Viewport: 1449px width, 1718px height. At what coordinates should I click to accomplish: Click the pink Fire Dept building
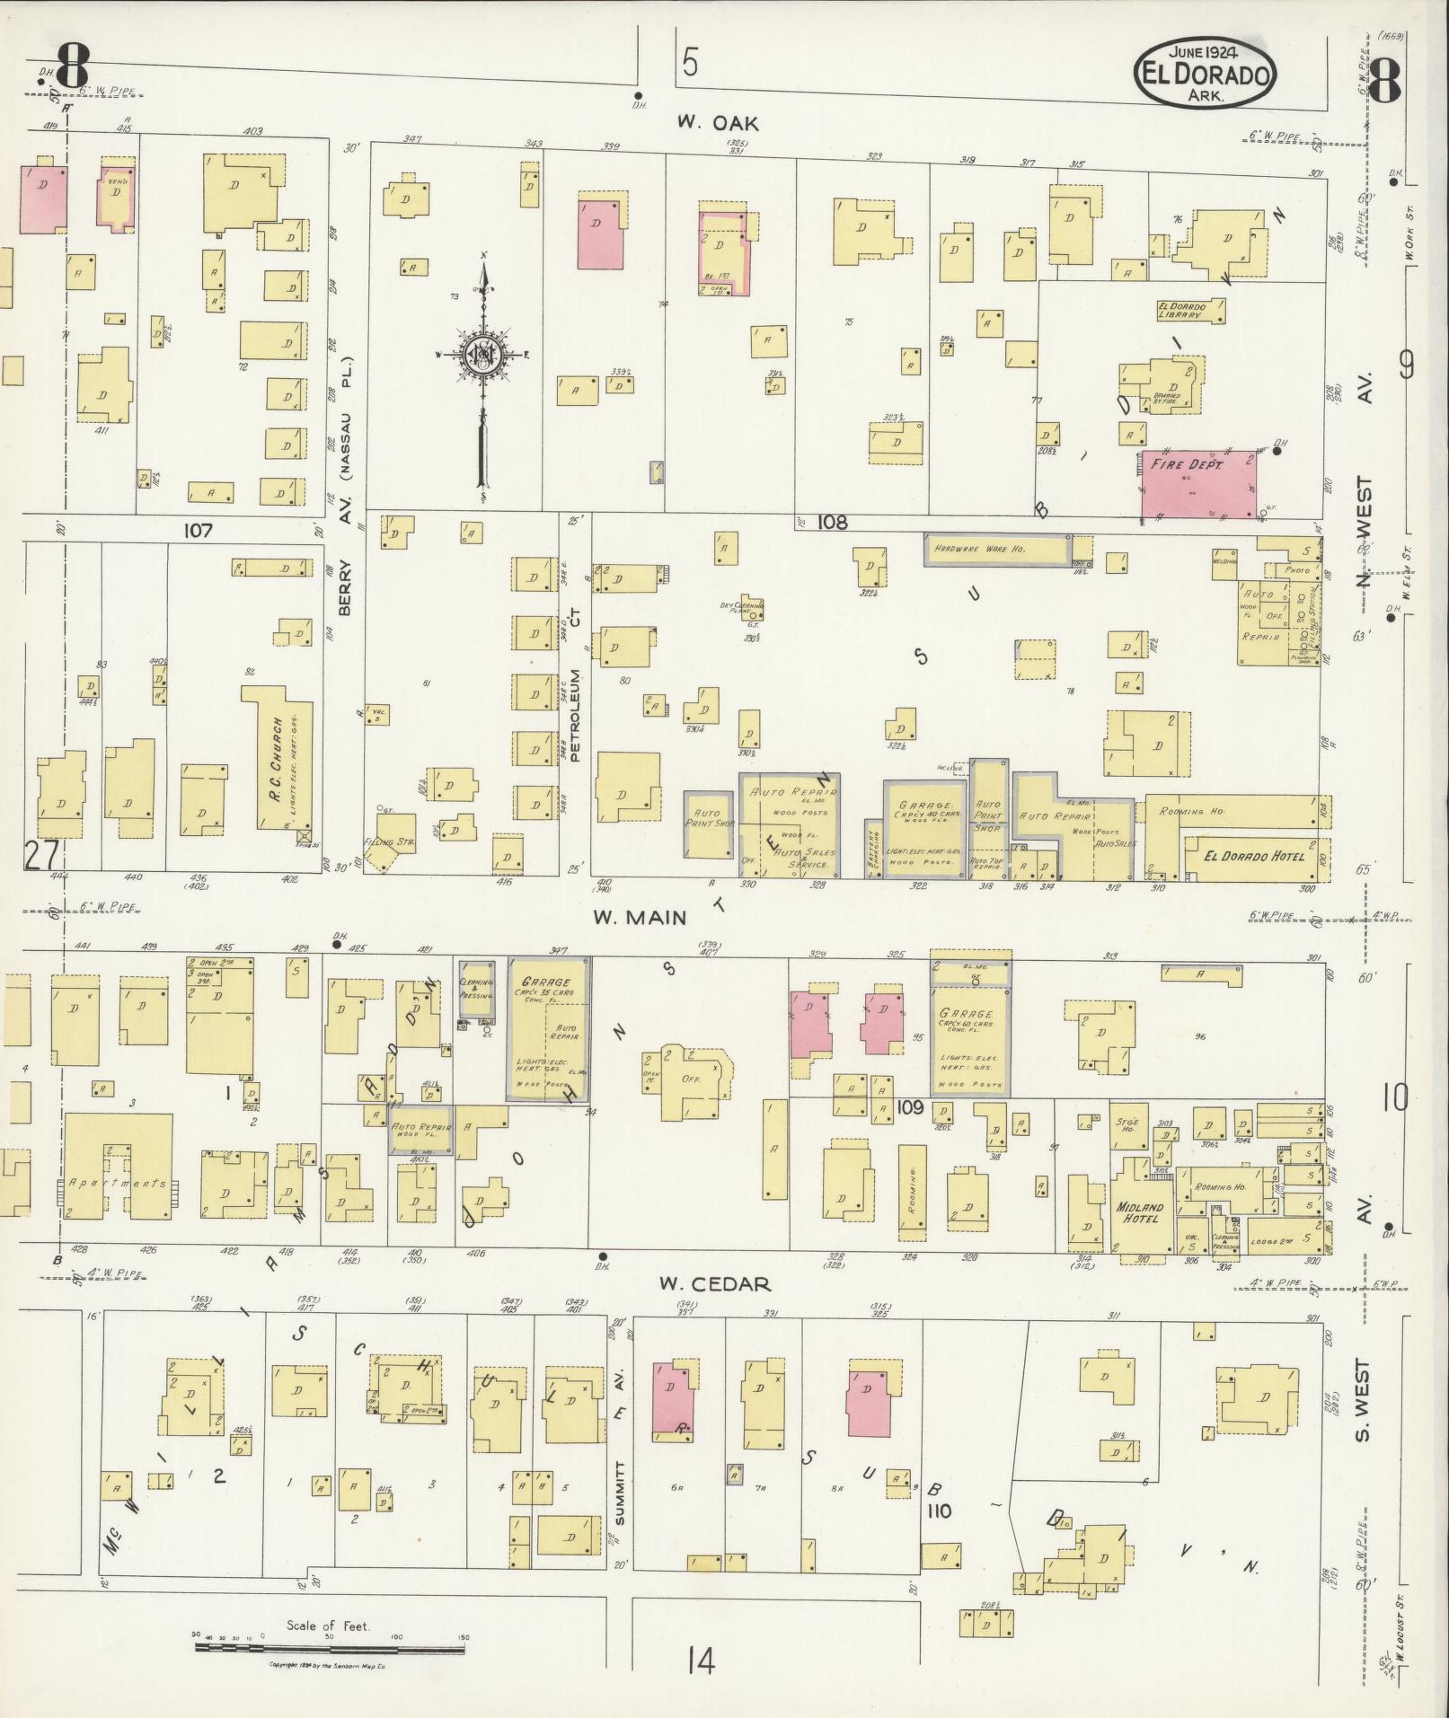(x=1198, y=484)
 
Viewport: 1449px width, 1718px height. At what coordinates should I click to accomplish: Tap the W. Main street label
(x=640, y=917)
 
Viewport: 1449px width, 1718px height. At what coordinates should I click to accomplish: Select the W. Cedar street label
(x=714, y=1283)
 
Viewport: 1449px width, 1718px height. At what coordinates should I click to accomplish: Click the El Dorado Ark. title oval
(x=1204, y=75)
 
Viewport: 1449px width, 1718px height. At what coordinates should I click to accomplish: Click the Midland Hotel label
(x=1139, y=1212)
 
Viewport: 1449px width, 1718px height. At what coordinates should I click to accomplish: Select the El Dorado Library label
(x=1191, y=310)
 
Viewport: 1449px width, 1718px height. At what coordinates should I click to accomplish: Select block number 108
(x=832, y=522)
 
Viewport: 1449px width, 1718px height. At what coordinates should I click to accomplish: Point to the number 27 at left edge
(x=40, y=855)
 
